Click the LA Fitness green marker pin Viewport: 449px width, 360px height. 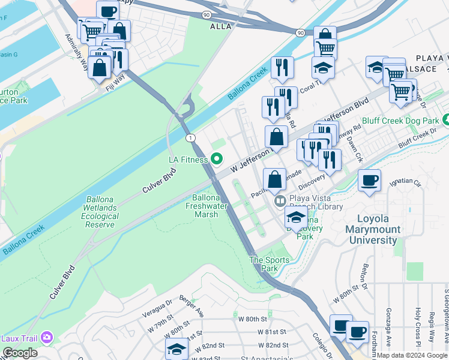coord(217,159)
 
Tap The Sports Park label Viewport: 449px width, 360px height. coord(270,264)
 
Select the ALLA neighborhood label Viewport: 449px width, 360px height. coord(220,27)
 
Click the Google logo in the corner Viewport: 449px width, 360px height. coord(20,352)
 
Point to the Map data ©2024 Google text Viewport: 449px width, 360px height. coord(412,355)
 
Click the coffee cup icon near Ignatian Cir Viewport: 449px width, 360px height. coord(369,180)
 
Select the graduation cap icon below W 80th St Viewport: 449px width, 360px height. coord(176,349)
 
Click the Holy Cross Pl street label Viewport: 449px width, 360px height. coord(418,324)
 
